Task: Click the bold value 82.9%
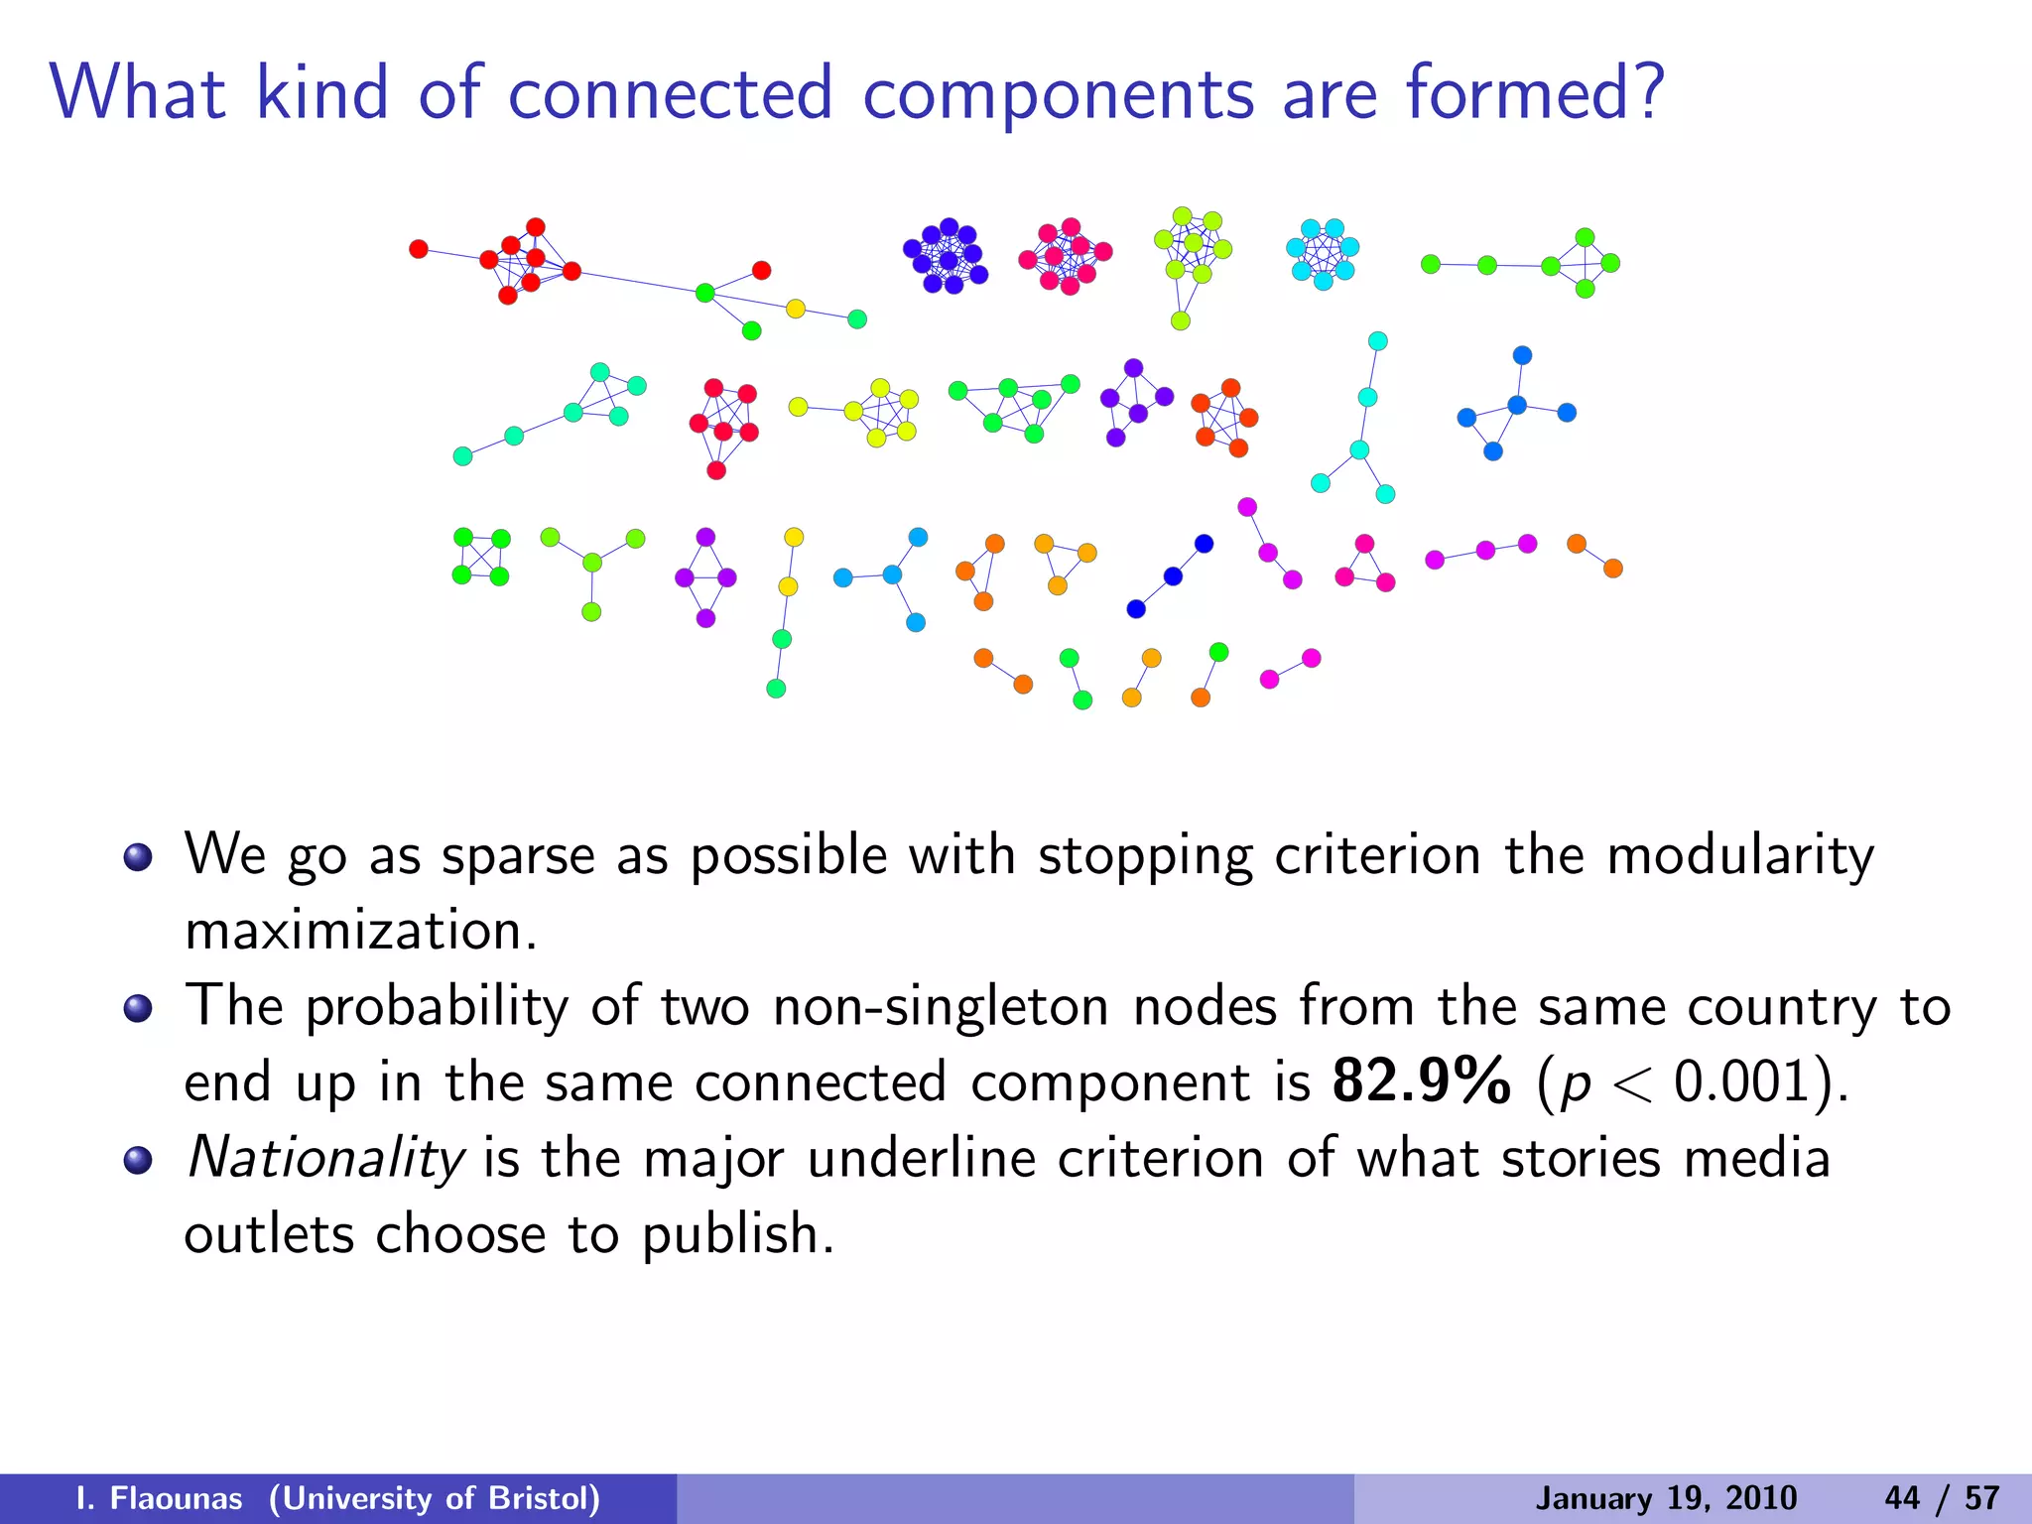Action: [x=1421, y=1081]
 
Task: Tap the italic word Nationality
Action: [x=325, y=1159]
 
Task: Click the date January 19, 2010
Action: [x=1666, y=1498]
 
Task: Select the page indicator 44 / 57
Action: [x=1942, y=1498]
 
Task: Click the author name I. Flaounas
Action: [x=159, y=1498]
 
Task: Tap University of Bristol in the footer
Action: [x=435, y=1498]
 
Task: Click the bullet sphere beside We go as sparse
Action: [x=138, y=856]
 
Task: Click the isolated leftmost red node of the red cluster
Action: [x=419, y=249]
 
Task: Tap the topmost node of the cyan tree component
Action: [x=1377, y=341]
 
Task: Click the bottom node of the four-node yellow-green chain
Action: [x=776, y=689]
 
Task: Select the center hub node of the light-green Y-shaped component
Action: [x=592, y=563]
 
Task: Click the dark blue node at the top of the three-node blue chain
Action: [x=1204, y=544]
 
